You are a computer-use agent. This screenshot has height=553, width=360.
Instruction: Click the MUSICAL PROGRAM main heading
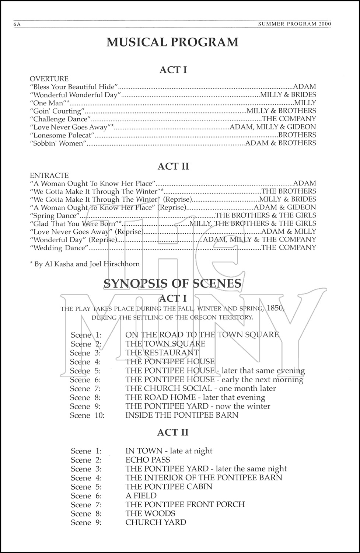(172, 42)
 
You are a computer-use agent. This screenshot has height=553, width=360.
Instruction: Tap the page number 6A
(17, 24)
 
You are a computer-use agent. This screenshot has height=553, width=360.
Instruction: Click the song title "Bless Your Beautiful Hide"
(73, 87)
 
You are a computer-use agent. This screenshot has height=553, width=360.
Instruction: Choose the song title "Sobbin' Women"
(57, 143)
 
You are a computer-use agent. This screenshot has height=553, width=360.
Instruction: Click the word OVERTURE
(49, 79)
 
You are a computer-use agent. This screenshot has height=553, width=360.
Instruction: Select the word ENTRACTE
(49, 175)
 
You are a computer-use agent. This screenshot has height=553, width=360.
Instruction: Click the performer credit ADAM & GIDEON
(285, 207)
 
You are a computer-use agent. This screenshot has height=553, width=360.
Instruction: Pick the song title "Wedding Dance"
(59, 248)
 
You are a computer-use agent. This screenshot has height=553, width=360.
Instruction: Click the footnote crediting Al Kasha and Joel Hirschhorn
(84, 264)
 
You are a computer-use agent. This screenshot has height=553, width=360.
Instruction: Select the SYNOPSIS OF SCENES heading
(172, 283)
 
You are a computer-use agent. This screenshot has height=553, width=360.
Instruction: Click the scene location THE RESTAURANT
(162, 353)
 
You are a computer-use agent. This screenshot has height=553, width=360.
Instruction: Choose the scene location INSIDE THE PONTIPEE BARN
(182, 415)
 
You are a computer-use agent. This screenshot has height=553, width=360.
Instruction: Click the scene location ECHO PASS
(148, 460)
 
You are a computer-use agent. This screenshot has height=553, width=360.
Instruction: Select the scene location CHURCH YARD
(156, 522)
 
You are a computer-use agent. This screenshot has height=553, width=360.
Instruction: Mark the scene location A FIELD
(141, 495)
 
